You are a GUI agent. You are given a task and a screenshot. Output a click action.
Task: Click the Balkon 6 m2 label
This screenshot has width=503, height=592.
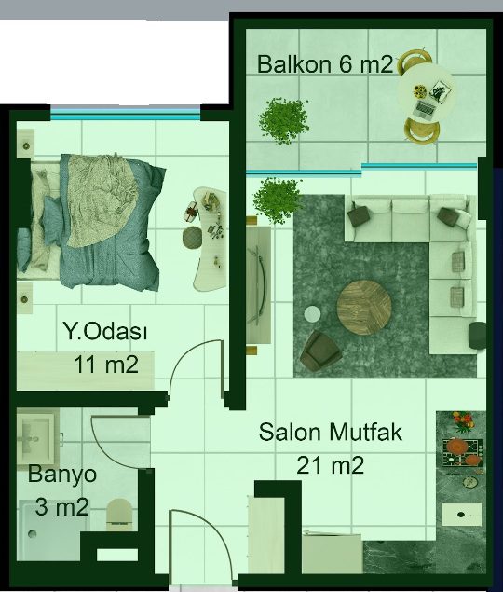pyautogui.click(x=325, y=64)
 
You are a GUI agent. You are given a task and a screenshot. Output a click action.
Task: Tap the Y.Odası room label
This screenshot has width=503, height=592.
pyautogui.click(x=105, y=331)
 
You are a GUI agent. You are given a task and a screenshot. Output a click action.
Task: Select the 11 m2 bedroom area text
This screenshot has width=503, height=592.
pyautogui.click(x=106, y=365)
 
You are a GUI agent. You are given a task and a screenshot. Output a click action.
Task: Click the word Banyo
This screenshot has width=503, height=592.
pyautogui.click(x=62, y=475)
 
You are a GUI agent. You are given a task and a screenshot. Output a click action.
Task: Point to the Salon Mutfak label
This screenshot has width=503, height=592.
pyautogui.click(x=330, y=432)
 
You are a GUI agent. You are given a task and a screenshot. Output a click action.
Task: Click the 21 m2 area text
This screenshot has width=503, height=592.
pyautogui.click(x=330, y=465)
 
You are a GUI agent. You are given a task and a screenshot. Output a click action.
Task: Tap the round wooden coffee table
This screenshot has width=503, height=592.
pyautogui.click(x=364, y=308)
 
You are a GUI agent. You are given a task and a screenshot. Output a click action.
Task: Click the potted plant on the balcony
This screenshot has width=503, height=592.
pyautogui.click(x=284, y=121)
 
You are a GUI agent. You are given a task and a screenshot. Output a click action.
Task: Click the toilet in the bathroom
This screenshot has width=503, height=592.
pyautogui.click(x=119, y=515)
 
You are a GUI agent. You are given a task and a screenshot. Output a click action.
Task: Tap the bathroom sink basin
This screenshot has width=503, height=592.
pyautogui.click(x=35, y=438)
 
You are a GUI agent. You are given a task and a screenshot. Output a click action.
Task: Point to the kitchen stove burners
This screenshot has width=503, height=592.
pyautogui.click(x=463, y=452)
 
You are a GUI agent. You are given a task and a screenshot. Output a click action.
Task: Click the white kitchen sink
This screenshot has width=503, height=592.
pyautogui.click(x=461, y=514)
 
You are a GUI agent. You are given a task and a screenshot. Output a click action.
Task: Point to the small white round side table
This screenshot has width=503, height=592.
pyautogui.click(x=312, y=314)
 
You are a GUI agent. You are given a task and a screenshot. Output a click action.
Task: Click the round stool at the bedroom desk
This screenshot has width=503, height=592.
pyautogui.click(x=193, y=238)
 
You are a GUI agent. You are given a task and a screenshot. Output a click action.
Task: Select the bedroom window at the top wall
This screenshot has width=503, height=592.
pyautogui.click(x=126, y=116)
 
